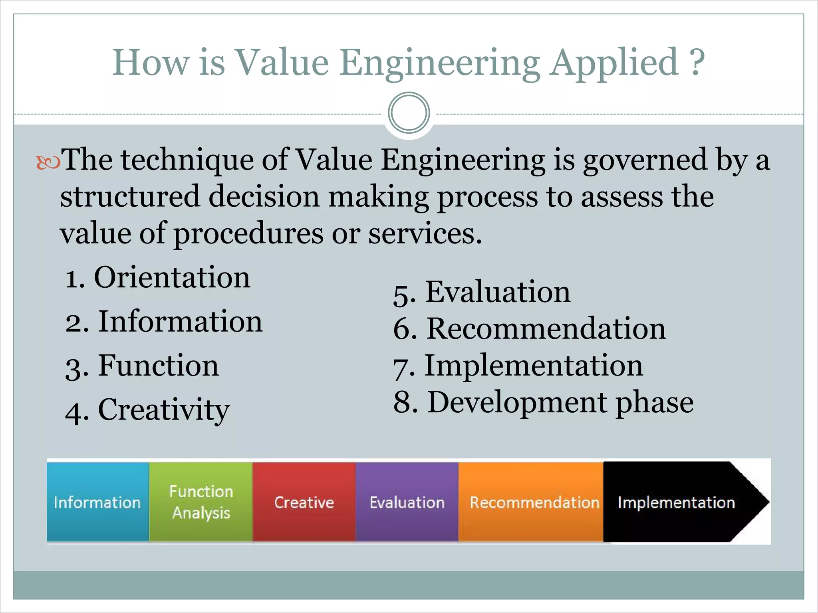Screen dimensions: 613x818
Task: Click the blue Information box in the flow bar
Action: click(97, 502)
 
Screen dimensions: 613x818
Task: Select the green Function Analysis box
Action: click(201, 502)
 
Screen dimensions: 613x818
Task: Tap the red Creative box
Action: click(304, 502)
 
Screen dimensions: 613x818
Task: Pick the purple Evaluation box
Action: click(407, 502)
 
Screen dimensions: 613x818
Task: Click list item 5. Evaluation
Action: click(482, 292)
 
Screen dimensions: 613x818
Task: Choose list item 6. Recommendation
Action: click(529, 329)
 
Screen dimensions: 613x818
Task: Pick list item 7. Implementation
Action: click(518, 366)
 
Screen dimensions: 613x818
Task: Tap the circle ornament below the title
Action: click(409, 113)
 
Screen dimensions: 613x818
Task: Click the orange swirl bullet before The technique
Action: click(48, 163)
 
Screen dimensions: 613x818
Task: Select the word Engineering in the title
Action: click(440, 63)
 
